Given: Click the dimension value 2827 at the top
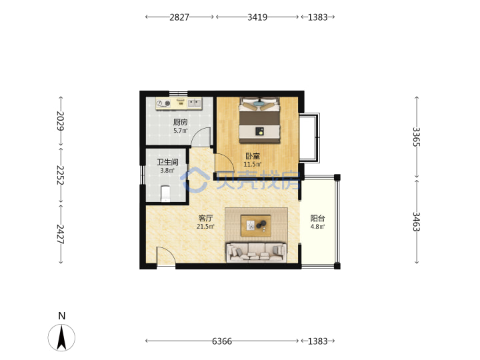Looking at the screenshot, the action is (179, 17).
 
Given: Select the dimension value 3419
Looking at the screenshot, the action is (257, 17).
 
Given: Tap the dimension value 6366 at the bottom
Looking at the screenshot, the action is (222, 341).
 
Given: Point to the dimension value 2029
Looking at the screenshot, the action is (61, 121).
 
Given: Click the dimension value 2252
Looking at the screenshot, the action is (61, 175).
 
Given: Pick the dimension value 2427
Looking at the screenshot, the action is (61, 234).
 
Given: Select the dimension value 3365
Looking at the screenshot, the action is (416, 137).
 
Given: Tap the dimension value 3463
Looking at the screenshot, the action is (416, 221).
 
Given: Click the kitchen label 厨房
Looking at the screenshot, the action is (180, 123).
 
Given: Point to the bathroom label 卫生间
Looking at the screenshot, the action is (167, 162).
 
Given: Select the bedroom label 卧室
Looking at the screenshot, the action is (253, 156).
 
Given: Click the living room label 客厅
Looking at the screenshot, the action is (205, 218).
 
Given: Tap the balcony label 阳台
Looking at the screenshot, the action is (317, 218).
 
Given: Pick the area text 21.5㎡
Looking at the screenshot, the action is (205, 227).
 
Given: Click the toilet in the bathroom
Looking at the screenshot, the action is (165, 193).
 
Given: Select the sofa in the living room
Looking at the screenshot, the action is (257, 253).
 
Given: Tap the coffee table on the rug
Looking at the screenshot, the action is (256, 226).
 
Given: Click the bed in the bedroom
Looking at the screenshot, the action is (259, 120).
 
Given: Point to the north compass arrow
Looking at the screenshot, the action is (61, 338).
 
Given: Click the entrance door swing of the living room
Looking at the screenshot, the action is (165, 257).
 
